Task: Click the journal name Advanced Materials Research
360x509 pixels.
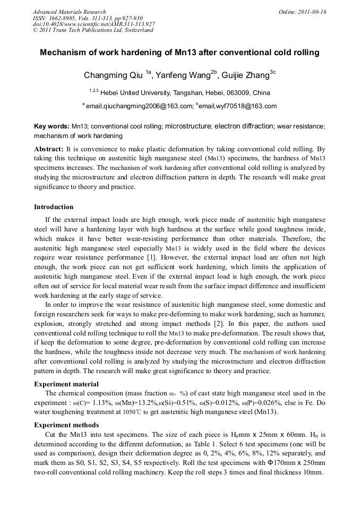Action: pos(69,12)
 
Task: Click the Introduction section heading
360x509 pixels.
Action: pos(54,206)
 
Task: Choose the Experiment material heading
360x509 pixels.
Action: pos(66,384)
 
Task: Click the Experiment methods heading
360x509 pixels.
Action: pos(66,425)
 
